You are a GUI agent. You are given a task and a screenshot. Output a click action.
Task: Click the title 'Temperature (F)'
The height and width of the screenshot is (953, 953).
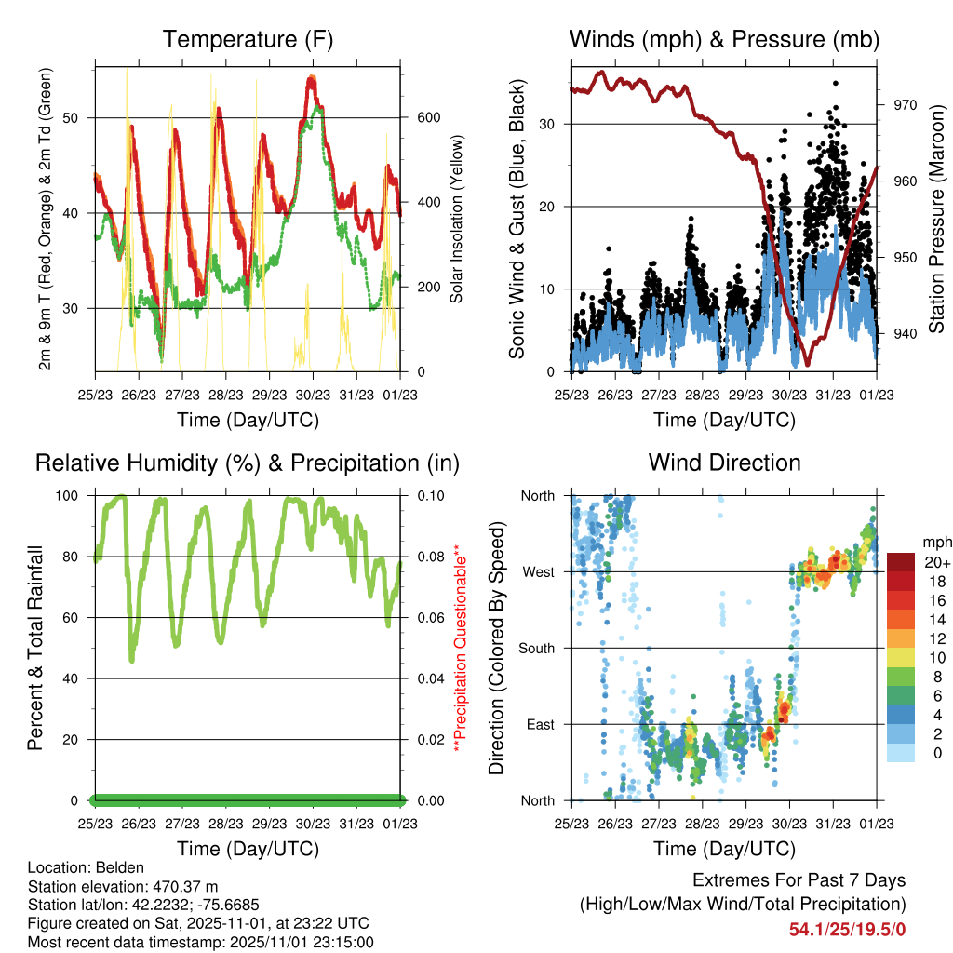[248, 39]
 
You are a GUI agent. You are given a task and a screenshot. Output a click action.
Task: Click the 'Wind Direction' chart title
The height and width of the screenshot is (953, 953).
[724, 462]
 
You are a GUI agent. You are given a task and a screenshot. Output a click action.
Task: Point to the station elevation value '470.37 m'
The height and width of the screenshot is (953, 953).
[187, 886]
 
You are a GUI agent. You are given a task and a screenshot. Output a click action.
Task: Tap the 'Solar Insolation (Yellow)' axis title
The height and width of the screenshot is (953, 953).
[457, 220]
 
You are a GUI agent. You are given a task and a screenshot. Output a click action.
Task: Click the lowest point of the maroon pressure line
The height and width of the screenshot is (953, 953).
[807, 364]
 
